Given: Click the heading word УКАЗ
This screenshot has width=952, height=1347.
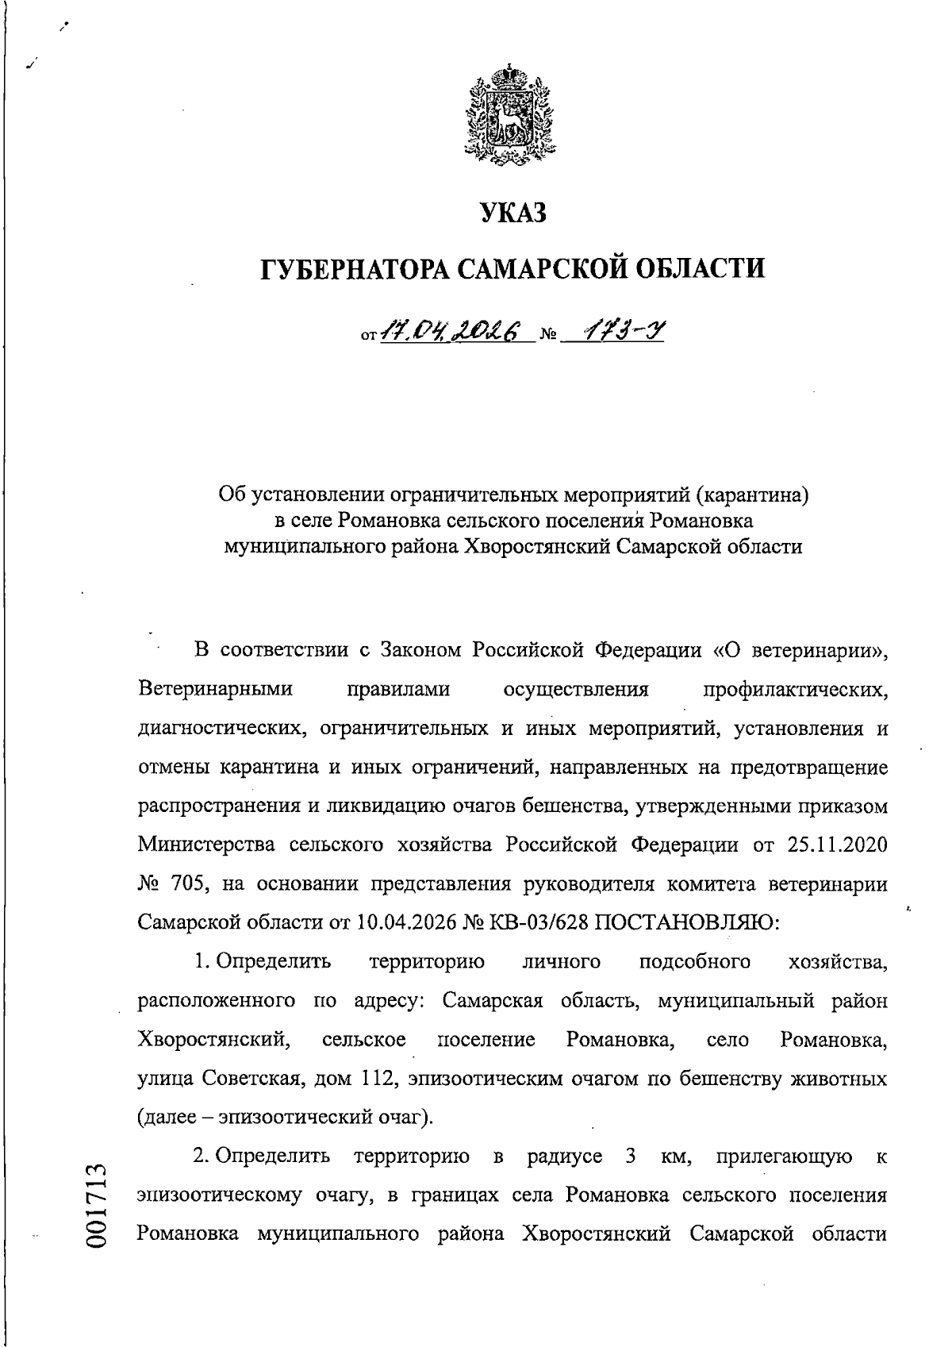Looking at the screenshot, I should coord(514,214).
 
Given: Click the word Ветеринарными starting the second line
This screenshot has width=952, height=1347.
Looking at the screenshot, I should coord(216,689).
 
